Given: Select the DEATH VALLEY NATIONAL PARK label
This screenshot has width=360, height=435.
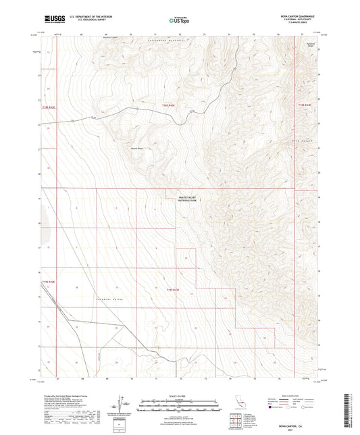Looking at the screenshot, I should point(185,199).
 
